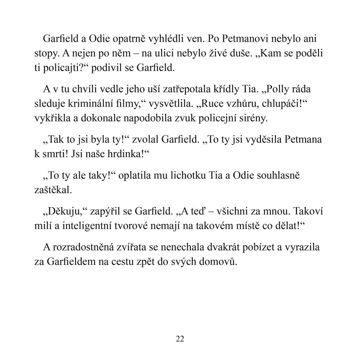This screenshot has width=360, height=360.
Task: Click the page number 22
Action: [x=180, y=339]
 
